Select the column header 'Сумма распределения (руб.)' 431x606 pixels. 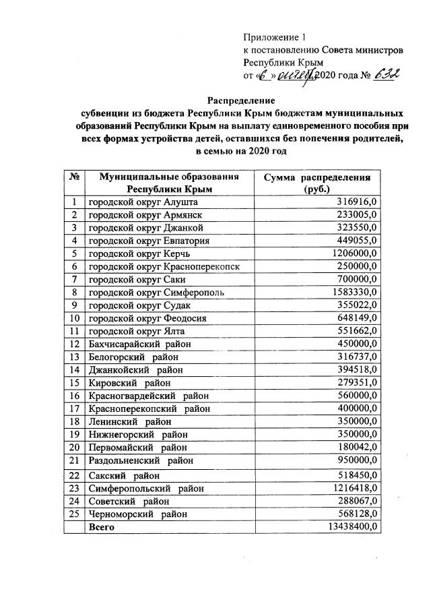click(x=317, y=183)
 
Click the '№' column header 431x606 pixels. click(x=74, y=177)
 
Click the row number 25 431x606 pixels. click(x=74, y=514)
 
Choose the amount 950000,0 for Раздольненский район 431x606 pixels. click(x=358, y=461)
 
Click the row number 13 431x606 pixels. click(x=74, y=357)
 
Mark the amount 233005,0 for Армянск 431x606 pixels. click(x=358, y=214)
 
